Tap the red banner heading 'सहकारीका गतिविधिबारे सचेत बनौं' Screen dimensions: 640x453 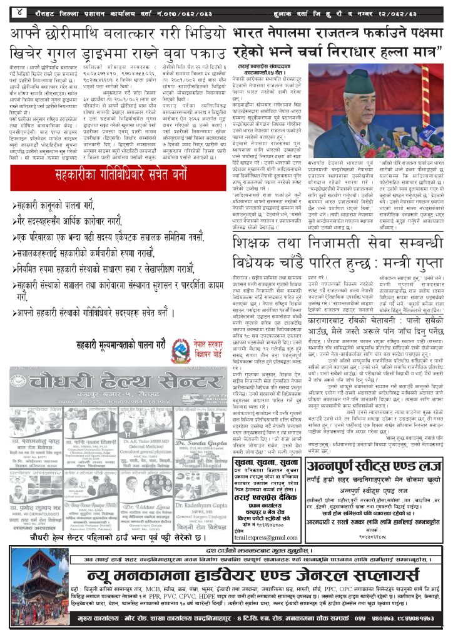coord(116,173)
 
